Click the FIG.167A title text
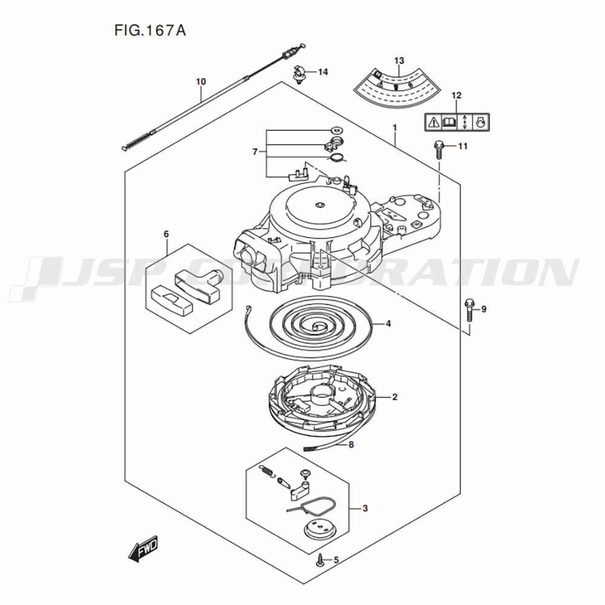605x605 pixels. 149,30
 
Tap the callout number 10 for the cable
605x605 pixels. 201,81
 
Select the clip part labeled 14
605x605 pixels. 298,74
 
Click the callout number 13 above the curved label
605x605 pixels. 399,60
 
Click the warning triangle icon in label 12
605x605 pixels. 433,122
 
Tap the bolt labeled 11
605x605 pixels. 438,149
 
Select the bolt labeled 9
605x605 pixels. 469,310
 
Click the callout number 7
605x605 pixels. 255,151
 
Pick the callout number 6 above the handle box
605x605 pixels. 166,234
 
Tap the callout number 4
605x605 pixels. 388,324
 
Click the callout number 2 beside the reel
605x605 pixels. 394,397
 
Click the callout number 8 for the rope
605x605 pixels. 350,445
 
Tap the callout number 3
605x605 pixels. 365,508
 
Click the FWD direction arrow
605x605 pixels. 143,549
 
